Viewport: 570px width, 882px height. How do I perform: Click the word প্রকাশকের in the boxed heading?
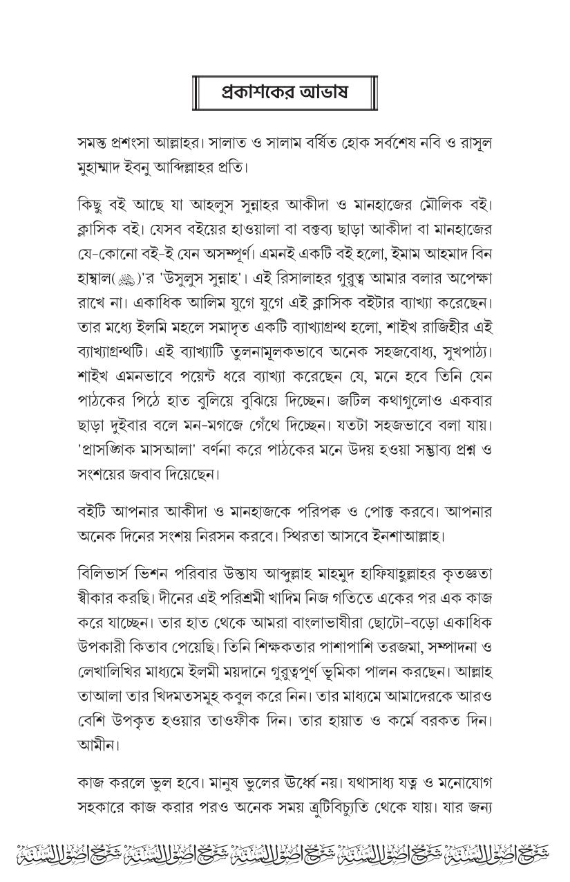coord(254,91)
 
